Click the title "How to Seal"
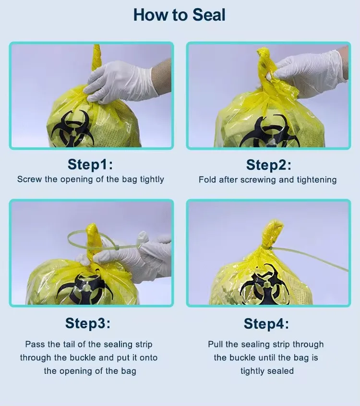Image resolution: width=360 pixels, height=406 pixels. pos(179,15)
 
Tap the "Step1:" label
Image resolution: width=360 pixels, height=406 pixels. pos(90,164)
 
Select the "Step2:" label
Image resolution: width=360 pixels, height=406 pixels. pos(269,165)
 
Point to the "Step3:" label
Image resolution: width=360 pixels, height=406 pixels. pos(88,323)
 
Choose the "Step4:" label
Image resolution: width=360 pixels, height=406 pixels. pos(266,323)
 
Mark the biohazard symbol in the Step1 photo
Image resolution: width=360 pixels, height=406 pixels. pos(73,129)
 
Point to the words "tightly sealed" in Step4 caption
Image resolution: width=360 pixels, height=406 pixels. pos(267,371)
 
